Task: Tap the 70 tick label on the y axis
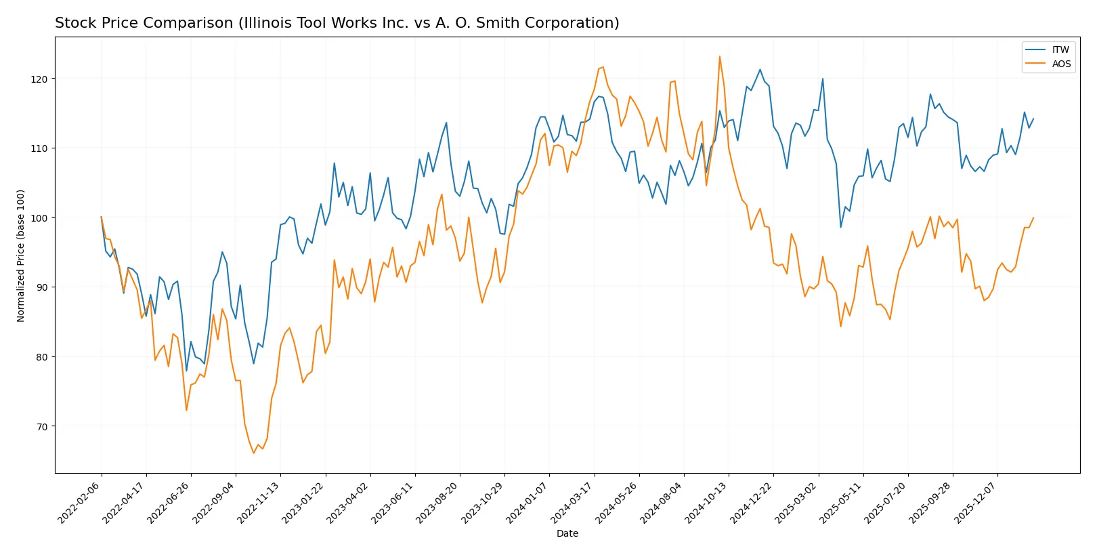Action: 42,426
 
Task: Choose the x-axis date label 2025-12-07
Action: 977,503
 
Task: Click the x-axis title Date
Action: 567,533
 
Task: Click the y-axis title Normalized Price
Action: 21,255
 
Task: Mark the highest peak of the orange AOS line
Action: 719,56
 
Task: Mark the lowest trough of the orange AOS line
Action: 254,453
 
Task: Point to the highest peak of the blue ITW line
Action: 760,69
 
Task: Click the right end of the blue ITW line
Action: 1033,119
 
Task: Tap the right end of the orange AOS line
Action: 1033,218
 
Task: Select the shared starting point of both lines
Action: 102,218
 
